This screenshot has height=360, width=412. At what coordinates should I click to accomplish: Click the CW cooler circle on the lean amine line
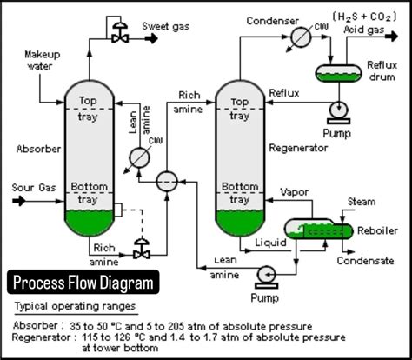(x=138, y=157)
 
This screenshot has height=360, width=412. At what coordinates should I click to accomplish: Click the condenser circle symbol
(x=302, y=37)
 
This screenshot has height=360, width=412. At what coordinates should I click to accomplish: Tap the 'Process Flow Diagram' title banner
(x=83, y=283)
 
